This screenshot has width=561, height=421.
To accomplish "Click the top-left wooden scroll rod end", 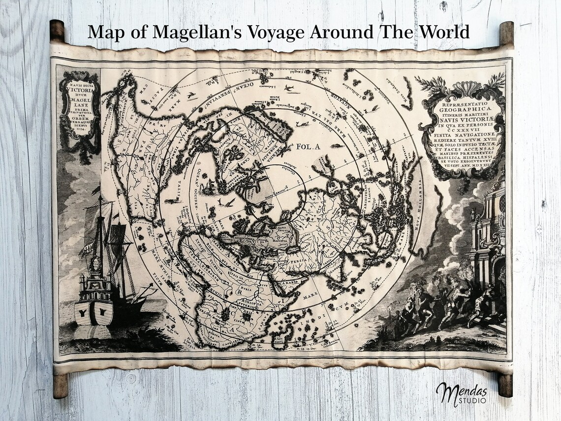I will click(57, 31).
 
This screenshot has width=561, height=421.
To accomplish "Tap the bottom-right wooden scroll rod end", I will click(505, 385).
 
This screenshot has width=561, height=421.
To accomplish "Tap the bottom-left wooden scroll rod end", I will click(60, 385).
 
